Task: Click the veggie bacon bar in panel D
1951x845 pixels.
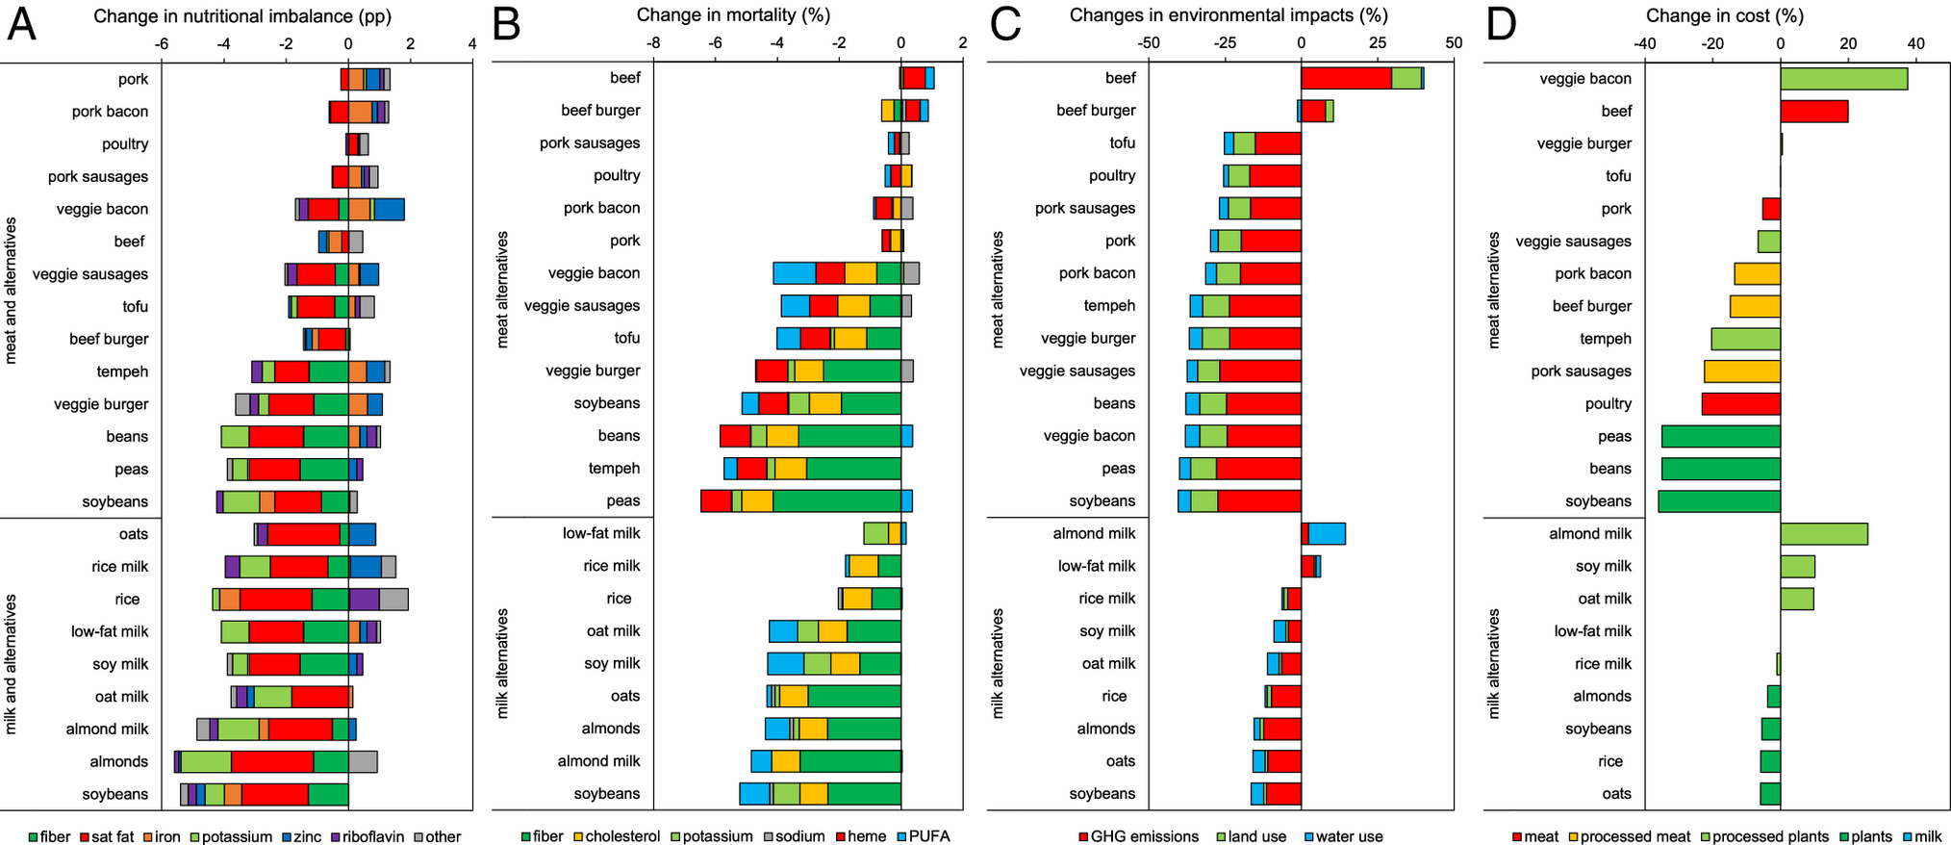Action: point(1843,79)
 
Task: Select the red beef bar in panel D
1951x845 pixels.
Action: point(1813,112)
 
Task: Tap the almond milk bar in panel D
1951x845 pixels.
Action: point(1823,534)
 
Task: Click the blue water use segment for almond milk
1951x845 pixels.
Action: point(1327,534)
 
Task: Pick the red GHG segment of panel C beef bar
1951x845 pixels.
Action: point(1346,78)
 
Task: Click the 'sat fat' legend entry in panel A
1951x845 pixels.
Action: point(106,836)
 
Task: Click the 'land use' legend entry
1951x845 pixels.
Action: point(1252,836)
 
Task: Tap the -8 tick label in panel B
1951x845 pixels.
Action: point(653,43)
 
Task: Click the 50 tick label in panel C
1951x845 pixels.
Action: point(1453,43)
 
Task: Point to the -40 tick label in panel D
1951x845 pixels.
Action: point(1644,43)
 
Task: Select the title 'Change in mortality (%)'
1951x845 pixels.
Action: point(733,15)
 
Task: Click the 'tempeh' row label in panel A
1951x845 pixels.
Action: point(122,371)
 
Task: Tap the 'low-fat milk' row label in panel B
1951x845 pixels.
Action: point(601,533)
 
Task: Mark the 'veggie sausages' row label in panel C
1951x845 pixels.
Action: point(1077,371)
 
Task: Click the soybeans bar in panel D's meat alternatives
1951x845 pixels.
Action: point(1718,501)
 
